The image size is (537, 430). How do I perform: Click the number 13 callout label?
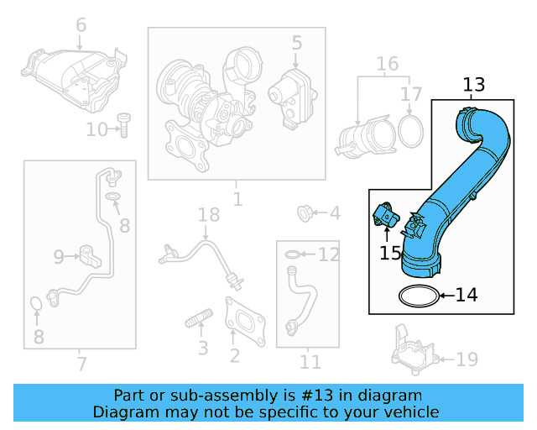point(473,85)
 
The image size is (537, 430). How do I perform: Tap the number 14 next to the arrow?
point(466,295)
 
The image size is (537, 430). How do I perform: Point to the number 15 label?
point(390,253)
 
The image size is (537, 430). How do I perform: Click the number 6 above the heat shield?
point(81,26)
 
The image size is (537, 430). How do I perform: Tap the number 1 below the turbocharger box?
point(237,199)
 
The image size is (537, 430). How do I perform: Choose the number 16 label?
point(387,65)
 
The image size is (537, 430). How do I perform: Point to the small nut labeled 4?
point(307,213)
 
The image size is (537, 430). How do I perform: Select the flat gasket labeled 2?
point(245,319)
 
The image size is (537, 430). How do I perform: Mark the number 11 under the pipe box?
point(310,362)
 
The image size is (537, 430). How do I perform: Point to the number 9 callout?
point(59,255)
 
